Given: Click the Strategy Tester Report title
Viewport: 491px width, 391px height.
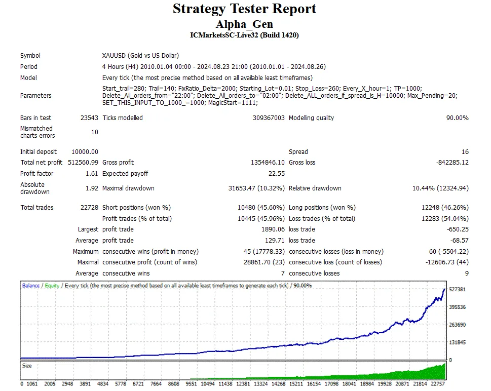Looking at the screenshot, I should [245, 9].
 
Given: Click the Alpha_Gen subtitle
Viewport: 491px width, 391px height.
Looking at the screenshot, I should [245, 24].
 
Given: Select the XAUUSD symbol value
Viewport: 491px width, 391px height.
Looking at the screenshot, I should [140, 56].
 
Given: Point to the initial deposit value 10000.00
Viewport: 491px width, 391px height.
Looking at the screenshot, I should [85, 152].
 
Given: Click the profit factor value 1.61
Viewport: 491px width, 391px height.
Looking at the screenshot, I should [92, 174].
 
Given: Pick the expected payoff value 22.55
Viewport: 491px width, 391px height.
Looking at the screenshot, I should [276, 174].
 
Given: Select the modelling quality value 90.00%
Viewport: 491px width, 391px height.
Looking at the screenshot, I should [456, 118].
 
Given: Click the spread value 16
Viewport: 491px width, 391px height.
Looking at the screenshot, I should [465, 152].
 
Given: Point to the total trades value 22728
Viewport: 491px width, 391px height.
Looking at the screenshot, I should [89, 208].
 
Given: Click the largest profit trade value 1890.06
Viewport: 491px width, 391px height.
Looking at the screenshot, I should [273, 229].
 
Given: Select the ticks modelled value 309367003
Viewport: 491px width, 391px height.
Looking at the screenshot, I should [267, 118].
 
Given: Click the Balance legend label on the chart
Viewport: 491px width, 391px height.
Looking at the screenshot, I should [30, 286].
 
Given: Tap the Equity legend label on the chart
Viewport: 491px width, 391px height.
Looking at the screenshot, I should [52, 286].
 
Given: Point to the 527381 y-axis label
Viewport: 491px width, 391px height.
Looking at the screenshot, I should [458, 289].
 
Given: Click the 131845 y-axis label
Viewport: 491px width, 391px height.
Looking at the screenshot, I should [458, 342].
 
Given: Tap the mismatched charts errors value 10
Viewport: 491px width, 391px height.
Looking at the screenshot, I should [95, 132].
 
